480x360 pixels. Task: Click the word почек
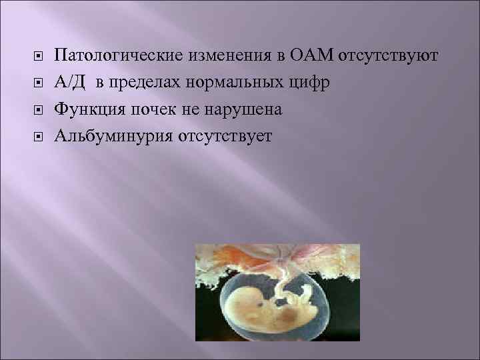pos(151,109)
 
